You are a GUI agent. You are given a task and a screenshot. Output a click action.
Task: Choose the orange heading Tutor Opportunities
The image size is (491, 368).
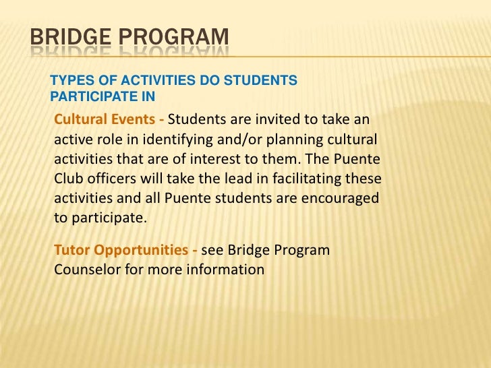pos(121,250)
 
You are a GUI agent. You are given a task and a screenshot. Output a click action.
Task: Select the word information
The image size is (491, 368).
pos(226,270)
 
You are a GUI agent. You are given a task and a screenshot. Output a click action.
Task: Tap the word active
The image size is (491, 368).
pos(71,141)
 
